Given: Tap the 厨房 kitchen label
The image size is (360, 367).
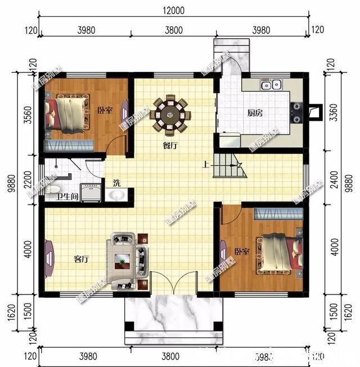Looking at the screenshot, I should coord(255,112).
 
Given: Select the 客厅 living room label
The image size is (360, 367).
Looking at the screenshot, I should coord(82,260).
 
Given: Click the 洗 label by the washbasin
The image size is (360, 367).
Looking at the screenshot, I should coord(116,183).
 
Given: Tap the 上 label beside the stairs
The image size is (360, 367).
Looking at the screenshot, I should coord(206,165).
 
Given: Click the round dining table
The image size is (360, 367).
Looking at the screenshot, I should coord(169,115).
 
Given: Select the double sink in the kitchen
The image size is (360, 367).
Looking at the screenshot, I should coord(271,85).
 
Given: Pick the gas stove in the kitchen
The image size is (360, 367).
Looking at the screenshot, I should coord(296,112).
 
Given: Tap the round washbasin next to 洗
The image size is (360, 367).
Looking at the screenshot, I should coord(117,195).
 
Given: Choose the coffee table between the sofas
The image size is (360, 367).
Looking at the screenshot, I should coord(123,260).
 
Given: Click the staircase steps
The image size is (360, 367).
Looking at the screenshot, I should coord(230,167).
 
